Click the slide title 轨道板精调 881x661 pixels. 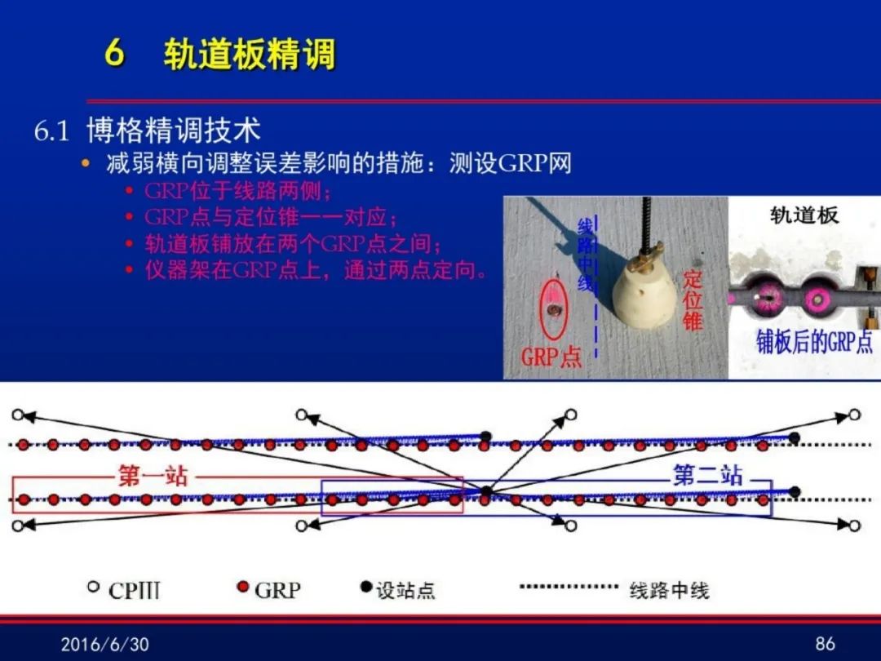(x=250, y=54)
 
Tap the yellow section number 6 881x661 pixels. (x=114, y=53)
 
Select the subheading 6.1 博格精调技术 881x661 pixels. (x=147, y=131)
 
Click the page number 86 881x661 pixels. (x=825, y=644)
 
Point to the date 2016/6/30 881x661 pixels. (x=105, y=644)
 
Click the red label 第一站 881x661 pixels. (x=153, y=476)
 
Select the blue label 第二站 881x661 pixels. (x=707, y=475)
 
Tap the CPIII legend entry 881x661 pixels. (x=124, y=590)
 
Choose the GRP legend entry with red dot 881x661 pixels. (x=269, y=590)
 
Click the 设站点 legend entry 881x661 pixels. (x=398, y=590)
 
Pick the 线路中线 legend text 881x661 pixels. (x=669, y=590)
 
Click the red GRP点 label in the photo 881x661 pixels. (x=551, y=357)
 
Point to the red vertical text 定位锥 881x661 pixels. (x=693, y=300)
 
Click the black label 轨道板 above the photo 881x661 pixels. (x=804, y=215)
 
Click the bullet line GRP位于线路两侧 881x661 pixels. (x=237, y=191)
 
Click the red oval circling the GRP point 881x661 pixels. (x=553, y=310)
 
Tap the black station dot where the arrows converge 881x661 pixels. (x=486, y=492)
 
